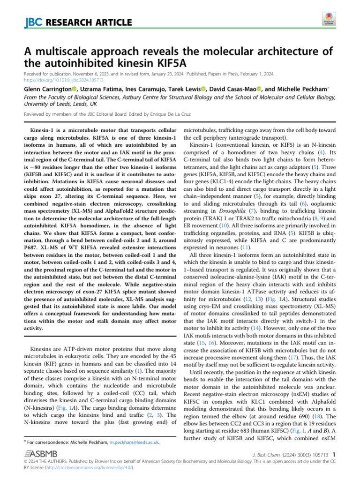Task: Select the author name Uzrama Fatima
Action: coord(98,89)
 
